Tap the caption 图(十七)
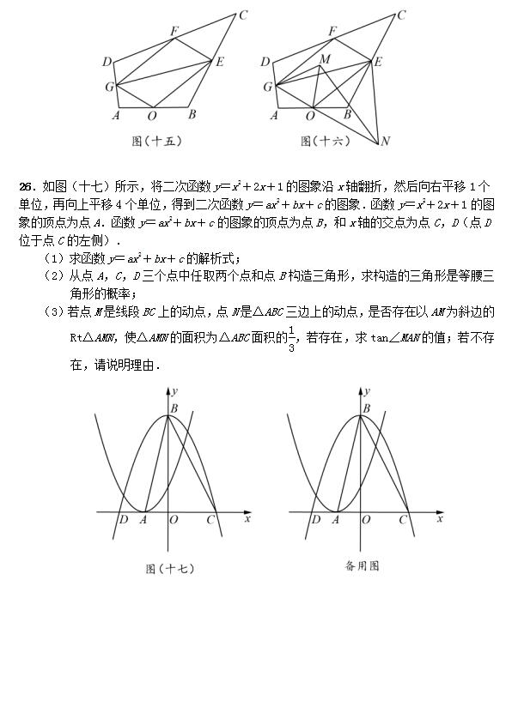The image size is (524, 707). tap(170, 568)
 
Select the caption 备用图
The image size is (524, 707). tap(362, 565)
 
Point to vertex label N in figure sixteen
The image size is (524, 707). tap(386, 142)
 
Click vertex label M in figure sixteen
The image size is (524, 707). tap(324, 59)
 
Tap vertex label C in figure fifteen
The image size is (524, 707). tap(243, 15)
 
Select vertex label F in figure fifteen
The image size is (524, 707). tap(174, 32)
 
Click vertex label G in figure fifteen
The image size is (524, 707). tap(109, 87)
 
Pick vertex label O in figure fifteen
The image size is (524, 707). tap(152, 116)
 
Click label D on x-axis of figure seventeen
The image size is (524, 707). tap(124, 520)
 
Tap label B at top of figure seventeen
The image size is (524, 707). tap(174, 408)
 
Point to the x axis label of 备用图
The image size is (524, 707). tap(440, 519)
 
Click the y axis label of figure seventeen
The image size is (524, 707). tap(176, 391)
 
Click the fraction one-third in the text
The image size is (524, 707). tap(291, 339)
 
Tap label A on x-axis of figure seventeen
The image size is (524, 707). tap(143, 520)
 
